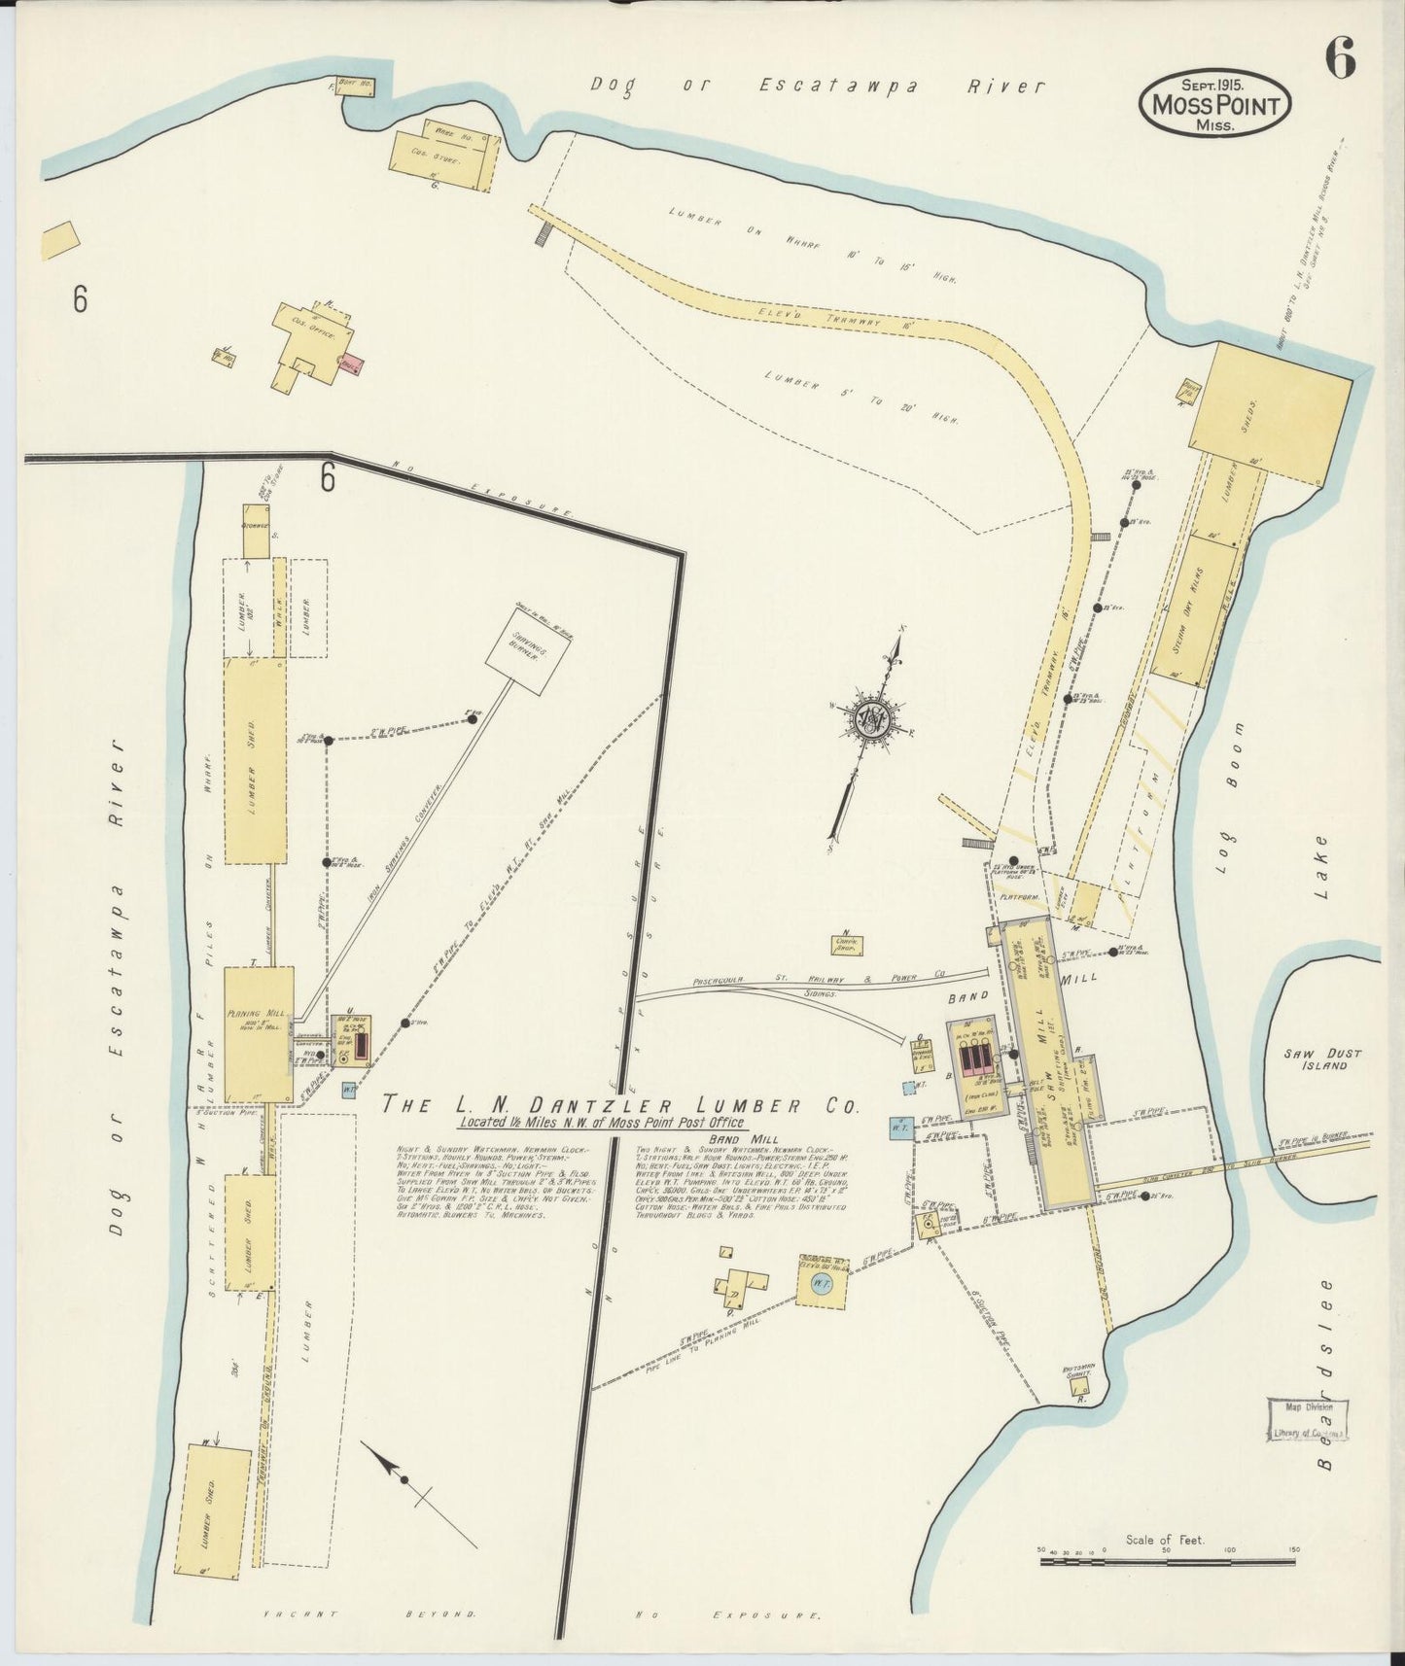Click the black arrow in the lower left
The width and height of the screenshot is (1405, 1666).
(387, 1464)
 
